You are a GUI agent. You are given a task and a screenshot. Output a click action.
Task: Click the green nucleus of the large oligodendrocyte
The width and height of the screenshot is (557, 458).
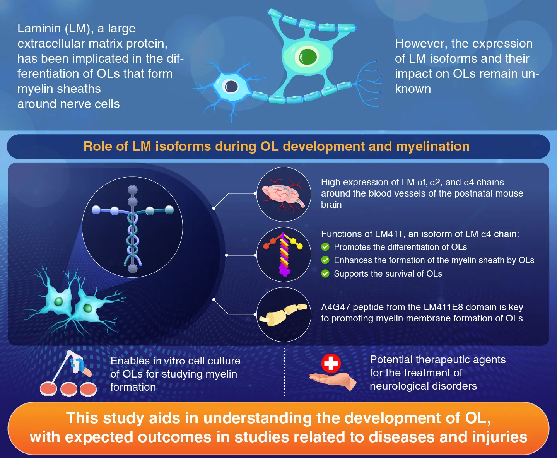[x=308, y=57]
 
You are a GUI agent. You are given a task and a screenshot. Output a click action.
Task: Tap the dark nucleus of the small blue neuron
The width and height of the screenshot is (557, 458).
[x=231, y=86]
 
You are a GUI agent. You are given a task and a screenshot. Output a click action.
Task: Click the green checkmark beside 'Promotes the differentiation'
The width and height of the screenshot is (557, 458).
[x=325, y=247]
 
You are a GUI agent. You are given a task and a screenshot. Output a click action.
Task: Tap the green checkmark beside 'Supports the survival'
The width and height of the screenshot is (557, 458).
[x=325, y=273]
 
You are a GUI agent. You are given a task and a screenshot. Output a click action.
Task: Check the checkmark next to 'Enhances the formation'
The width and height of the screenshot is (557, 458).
[x=325, y=260]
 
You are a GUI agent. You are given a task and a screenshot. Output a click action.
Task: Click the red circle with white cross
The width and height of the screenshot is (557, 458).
[x=331, y=363]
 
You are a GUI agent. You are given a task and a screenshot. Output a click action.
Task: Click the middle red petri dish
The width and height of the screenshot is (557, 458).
[x=69, y=389]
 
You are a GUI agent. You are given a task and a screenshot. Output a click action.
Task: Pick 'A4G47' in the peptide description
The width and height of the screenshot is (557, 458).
[x=335, y=307]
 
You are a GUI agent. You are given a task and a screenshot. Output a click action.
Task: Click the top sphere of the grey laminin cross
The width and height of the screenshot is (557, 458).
[x=133, y=190]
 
